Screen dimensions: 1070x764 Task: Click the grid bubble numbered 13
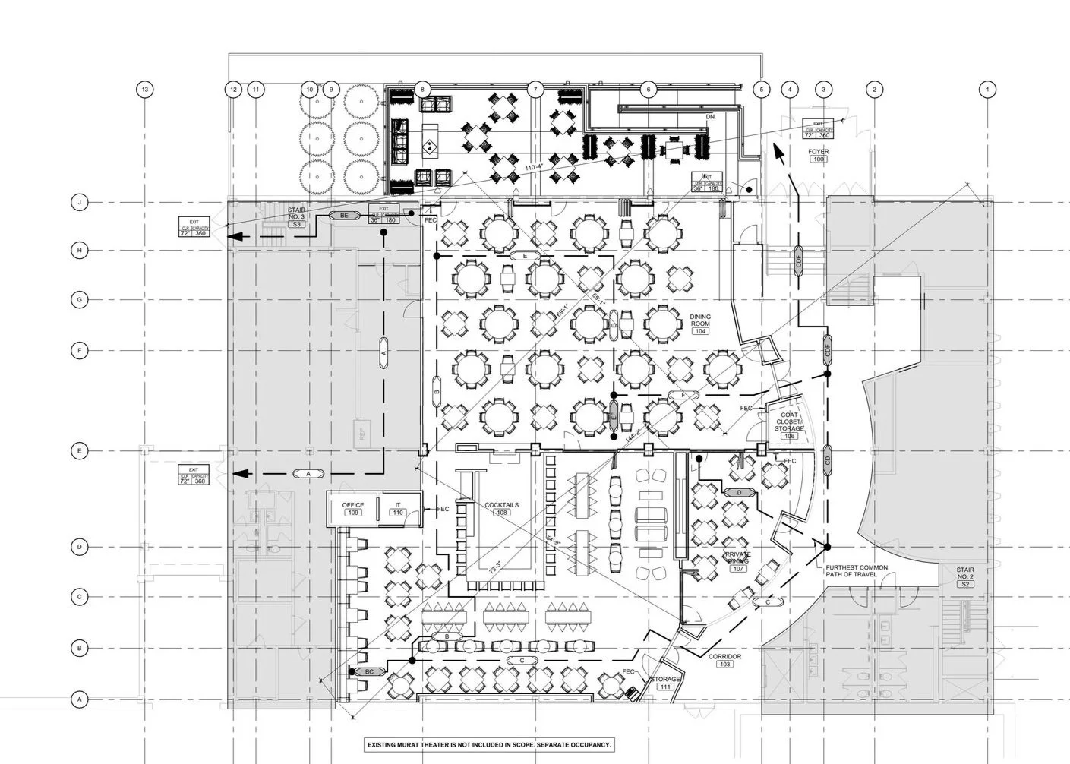(145, 90)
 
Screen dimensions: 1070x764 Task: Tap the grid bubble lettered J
(78, 202)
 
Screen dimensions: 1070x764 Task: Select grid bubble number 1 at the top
(987, 90)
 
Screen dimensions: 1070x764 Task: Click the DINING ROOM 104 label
(699, 324)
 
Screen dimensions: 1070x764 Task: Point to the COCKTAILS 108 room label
(501, 509)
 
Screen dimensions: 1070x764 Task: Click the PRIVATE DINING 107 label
(737, 561)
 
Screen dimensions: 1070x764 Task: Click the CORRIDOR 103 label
(724, 660)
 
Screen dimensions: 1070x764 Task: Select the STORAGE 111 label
(665, 683)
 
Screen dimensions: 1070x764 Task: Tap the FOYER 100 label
(818, 156)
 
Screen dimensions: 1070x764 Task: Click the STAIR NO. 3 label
(295, 216)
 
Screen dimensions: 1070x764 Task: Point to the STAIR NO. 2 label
(965, 576)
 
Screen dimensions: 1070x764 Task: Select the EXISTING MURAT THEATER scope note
(488, 745)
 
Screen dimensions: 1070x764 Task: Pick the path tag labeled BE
(343, 216)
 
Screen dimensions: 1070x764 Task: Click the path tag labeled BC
(369, 672)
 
